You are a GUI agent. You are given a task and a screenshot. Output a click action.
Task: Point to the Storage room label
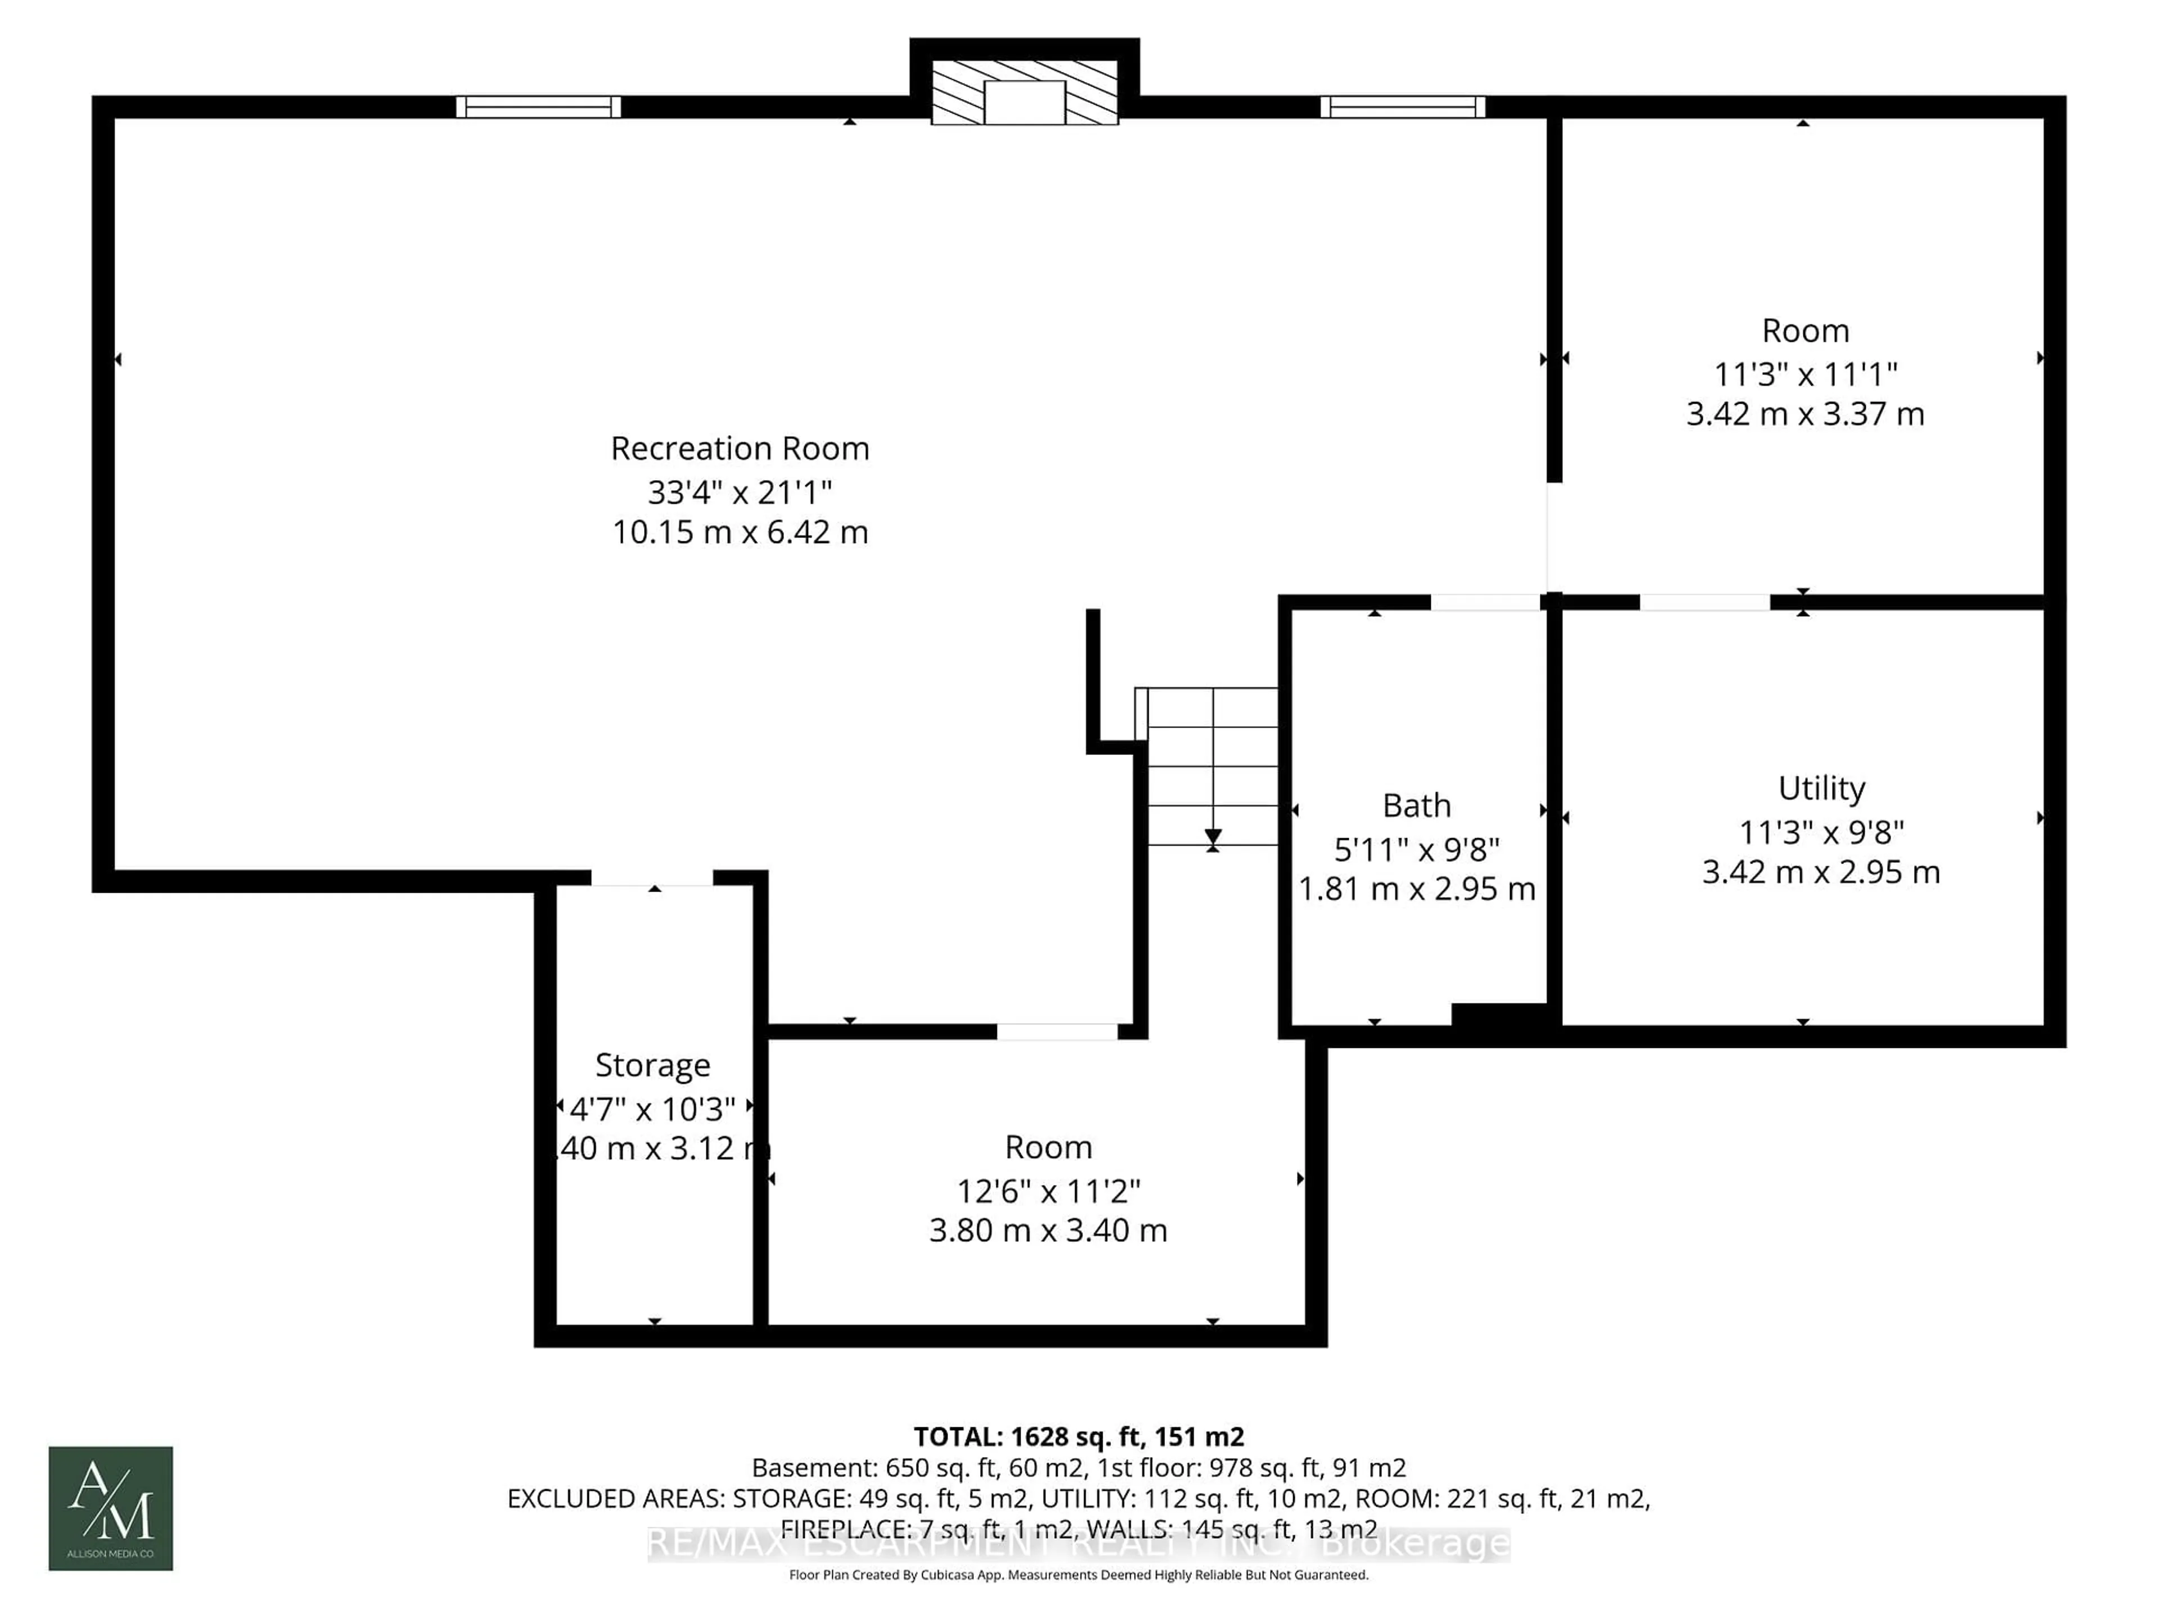point(652,1065)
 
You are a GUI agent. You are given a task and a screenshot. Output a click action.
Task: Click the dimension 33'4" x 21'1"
point(740,492)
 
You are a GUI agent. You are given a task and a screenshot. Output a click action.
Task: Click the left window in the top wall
point(538,106)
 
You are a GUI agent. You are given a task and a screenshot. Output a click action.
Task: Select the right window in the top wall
point(1402,106)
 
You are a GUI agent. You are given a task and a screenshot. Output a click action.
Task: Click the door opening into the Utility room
point(1704,602)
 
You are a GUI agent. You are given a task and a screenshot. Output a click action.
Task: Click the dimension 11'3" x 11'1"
point(1805,374)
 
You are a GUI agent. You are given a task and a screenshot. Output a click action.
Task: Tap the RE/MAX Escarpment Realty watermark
point(1078,1543)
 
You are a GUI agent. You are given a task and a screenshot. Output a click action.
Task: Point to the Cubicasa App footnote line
point(1078,1575)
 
